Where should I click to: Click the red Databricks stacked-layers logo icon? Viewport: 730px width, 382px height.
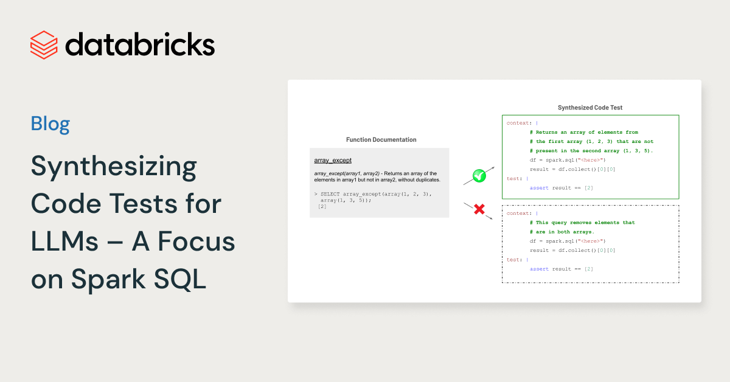44,45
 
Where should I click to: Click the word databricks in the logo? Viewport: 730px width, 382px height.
139,45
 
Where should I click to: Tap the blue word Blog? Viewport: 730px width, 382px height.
50,124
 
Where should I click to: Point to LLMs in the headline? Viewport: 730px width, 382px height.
64,242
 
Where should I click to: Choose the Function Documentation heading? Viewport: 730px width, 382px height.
381,140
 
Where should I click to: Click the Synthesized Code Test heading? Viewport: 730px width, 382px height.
590,108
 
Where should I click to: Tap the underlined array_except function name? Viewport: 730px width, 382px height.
333,161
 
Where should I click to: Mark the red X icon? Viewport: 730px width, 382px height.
479,210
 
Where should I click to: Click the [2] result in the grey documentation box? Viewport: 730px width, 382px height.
322,207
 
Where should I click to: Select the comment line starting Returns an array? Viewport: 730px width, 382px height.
584,132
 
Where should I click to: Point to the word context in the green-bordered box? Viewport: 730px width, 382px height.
518,123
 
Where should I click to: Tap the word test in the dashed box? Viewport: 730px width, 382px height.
512,260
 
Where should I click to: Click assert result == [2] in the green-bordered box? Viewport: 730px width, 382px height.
561,188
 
